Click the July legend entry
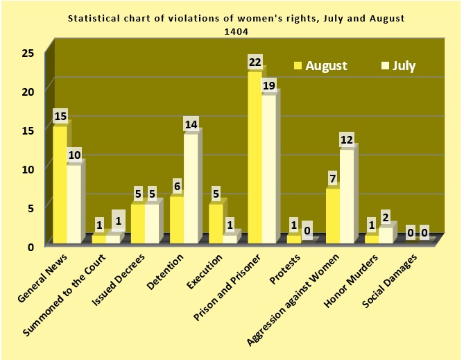(398, 66)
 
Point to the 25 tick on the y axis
(28, 53)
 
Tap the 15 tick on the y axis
(28, 130)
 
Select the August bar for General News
(60, 184)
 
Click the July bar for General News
(74, 203)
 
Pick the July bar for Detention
(191, 188)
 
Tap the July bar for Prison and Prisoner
(269, 169)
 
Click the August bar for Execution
(216, 223)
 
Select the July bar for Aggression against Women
(347, 196)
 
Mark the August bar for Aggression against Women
(333, 215)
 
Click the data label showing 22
(255, 62)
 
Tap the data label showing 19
(270, 86)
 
